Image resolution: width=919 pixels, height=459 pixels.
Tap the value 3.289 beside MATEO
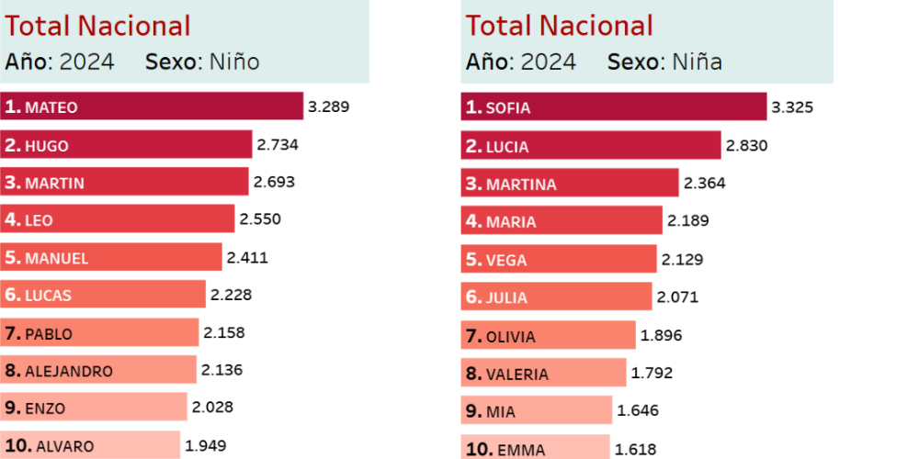pos(329,106)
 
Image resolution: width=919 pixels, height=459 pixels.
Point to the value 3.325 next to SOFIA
pos(792,107)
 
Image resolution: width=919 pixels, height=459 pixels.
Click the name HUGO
pos(47,145)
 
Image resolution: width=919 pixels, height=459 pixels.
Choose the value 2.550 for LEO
pos(260,219)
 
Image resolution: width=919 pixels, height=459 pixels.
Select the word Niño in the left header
pos(234,62)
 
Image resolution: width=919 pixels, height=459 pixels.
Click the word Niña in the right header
pos(697,62)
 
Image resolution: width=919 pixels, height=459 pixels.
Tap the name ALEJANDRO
pos(69,371)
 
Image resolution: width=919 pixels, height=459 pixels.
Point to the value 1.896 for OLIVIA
pos(662,335)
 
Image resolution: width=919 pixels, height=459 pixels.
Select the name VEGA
pos(507,260)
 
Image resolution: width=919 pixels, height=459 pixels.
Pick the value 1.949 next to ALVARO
pos(207,446)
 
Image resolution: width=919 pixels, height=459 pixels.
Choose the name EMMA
pos(521,450)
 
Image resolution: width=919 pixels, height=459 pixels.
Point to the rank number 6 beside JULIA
pos(473,297)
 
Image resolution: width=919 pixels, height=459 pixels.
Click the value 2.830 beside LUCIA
pos(746,145)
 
